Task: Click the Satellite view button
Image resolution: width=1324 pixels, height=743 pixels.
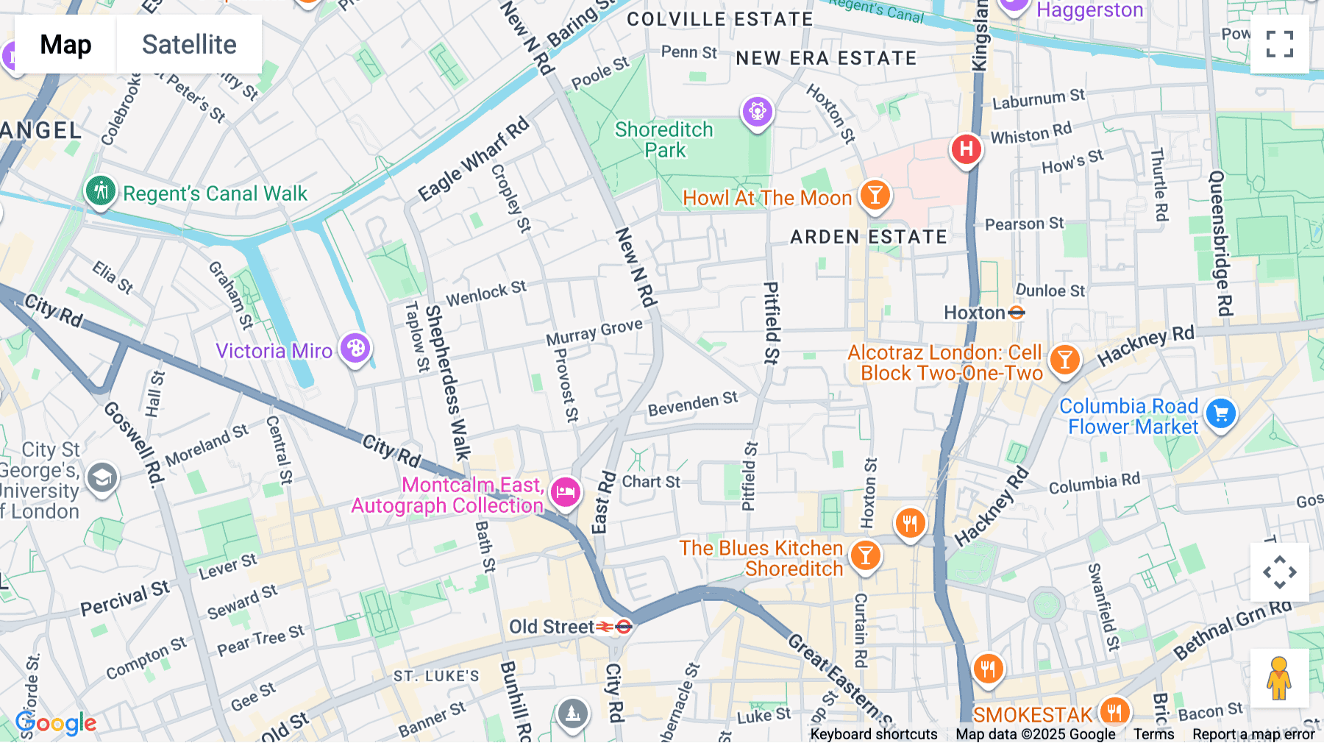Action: [x=189, y=44]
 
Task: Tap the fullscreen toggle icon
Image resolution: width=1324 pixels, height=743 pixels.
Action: [x=1279, y=44]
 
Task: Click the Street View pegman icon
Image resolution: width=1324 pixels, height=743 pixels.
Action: [x=1279, y=678]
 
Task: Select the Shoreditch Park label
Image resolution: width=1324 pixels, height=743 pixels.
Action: [x=663, y=140]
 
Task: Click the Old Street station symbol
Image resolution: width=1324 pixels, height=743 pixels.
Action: [x=614, y=627]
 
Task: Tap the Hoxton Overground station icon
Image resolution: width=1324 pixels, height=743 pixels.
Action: [x=1017, y=313]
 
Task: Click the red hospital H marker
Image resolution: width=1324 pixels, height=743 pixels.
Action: [x=966, y=149]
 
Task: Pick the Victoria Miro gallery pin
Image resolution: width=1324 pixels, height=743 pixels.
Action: [x=355, y=348]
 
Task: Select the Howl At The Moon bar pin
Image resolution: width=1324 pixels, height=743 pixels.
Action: [x=875, y=196]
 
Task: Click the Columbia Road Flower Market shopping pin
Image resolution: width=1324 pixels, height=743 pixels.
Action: [x=1221, y=414]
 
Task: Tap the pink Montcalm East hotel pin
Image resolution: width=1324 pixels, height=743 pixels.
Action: [x=565, y=492]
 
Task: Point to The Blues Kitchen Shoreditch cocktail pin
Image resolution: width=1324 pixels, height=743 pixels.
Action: [x=865, y=555]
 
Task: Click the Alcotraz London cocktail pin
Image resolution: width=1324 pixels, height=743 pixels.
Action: [x=1064, y=360]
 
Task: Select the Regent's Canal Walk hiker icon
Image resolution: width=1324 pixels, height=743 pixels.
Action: [x=100, y=191]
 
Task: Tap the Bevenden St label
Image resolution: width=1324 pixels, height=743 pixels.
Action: [x=692, y=404]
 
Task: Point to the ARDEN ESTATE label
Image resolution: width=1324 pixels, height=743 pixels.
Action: [x=868, y=237]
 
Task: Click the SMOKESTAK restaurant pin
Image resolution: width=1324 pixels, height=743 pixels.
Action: [x=1114, y=711]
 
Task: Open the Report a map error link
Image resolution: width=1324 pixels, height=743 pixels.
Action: [x=1253, y=734]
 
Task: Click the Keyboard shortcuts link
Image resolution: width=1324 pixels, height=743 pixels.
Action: [x=873, y=734]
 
